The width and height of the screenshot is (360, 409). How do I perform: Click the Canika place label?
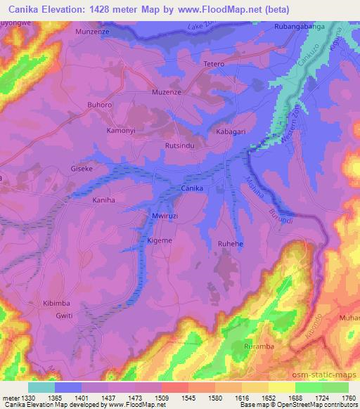(193, 189)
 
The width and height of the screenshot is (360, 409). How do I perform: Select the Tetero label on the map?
(213, 64)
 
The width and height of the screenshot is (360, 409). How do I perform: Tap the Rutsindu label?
(179, 145)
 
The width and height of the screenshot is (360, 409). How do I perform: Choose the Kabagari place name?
(231, 131)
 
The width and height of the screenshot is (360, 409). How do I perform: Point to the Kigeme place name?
(159, 240)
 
